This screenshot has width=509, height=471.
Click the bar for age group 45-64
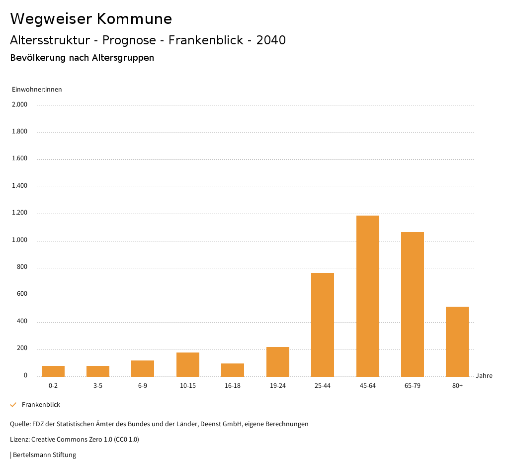click(x=367, y=296)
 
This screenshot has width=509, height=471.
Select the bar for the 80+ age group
click(x=457, y=342)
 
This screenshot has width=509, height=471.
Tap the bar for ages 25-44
click(x=323, y=325)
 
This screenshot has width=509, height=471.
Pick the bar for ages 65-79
click(x=413, y=304)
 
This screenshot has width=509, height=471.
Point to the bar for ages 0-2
click(x=53, y=371)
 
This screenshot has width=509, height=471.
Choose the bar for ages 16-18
click(x=233, y=370)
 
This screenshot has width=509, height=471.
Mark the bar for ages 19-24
click(x=278, y=361)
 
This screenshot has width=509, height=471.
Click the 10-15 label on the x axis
click(x=188, y=386)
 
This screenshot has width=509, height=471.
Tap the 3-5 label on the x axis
click(x=98, y=386)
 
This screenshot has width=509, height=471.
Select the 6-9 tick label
click(x=143, y=386)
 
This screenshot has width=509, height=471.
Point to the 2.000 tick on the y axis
click(x=20, y=105)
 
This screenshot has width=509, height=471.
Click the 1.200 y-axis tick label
click(x=20, y=213)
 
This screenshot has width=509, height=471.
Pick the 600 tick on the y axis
click(x=22, y=294)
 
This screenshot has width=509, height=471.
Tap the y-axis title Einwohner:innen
click(x=37, y=90)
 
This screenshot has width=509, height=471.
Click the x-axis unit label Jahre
click(x=484, y=376)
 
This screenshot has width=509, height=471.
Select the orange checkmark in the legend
click(x=13, y=405)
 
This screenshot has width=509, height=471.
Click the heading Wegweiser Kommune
click(x=91, y=19)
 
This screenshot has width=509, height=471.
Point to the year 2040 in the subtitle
click(x=271, y=40)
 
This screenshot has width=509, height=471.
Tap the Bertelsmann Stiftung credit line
click(x=44, y=455)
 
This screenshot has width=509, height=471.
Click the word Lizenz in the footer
click(x=19, y=440)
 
